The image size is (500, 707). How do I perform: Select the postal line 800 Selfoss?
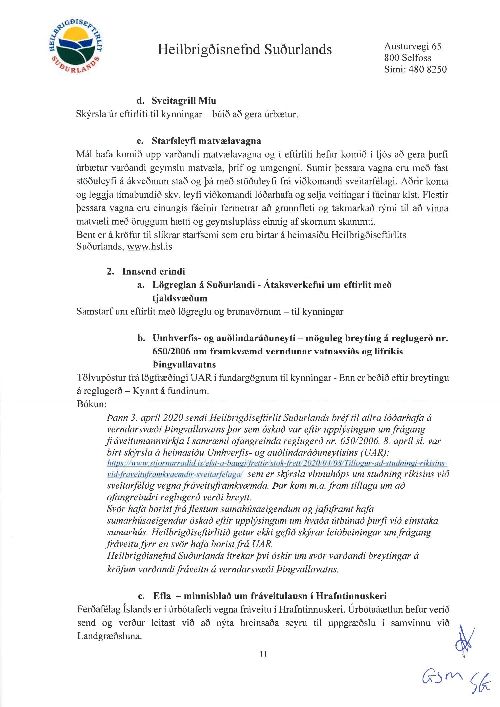pos(407,58)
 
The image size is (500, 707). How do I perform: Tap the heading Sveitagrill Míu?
pos(184,101)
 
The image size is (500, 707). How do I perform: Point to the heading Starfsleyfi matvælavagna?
pos(206,141)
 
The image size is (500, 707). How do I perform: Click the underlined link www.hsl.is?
pos(150,247)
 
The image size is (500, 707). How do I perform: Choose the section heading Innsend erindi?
pos(153,271)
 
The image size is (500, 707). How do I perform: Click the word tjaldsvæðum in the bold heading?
pos(180,298)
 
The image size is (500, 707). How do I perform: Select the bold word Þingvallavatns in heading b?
pos(184,364)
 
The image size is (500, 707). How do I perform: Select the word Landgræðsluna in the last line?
pos(109,636)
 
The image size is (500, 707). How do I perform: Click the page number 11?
pos(263,654)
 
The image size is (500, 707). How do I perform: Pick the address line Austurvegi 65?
pos(413,46)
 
